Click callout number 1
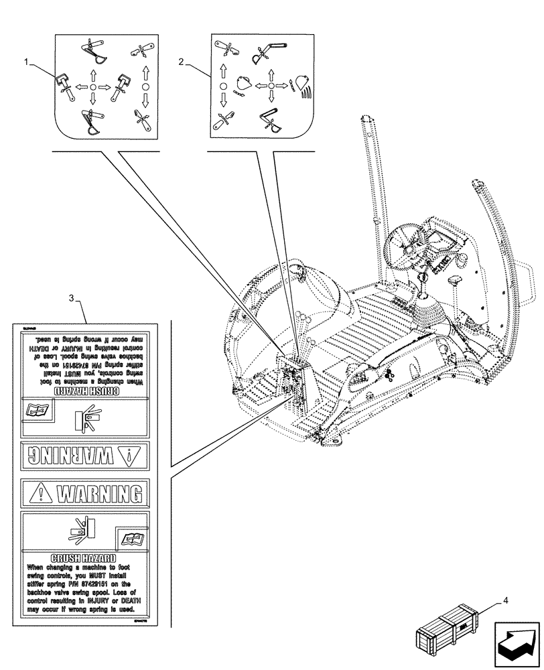coord(27,62)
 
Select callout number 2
coord(182,62)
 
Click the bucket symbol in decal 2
coord(244,85)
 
